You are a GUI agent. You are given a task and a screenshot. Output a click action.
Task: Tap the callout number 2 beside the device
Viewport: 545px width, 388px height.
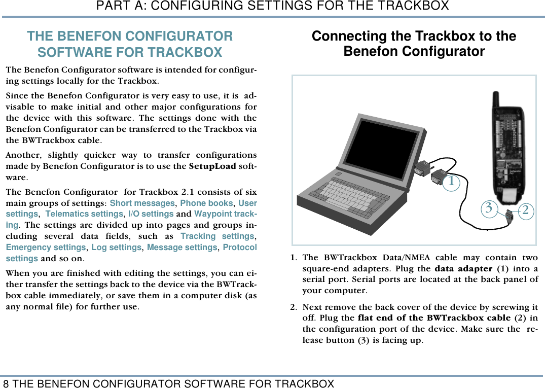pyautogui.click(x=525, y=209)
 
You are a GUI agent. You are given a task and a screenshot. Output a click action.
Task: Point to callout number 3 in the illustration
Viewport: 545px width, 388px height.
pyautogui.click(x=488, y=207)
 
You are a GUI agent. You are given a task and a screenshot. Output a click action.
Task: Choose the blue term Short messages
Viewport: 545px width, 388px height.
pyautogui.click(x=142, y=203)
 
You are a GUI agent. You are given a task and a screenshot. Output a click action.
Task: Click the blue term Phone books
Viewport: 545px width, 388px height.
pyautogui.click(x=206, y=203)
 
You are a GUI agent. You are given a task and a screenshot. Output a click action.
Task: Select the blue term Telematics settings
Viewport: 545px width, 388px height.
pyautogui.click(x=84, y=214)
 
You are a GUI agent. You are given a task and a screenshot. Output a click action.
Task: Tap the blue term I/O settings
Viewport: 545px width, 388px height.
pyautogui.click(x=151, y=214)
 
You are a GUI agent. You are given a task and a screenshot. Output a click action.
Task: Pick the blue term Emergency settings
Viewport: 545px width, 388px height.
pyautogui.click(x=46, y=248)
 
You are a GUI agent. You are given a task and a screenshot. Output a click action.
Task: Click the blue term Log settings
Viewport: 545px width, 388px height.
pyautogui.click(x=116, y=248)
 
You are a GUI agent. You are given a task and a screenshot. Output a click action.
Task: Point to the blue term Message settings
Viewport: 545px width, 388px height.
pyautogui.click(x=182, y=248)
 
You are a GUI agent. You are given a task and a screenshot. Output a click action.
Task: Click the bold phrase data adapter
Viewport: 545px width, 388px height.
pyautogui.click(x=463, y=269)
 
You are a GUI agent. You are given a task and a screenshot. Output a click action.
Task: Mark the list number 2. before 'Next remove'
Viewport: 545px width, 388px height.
pyautogui.click(x=294, y=307)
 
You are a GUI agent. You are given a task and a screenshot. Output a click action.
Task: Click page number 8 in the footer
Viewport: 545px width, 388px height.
pyautogui.click(x=6, y=383)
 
